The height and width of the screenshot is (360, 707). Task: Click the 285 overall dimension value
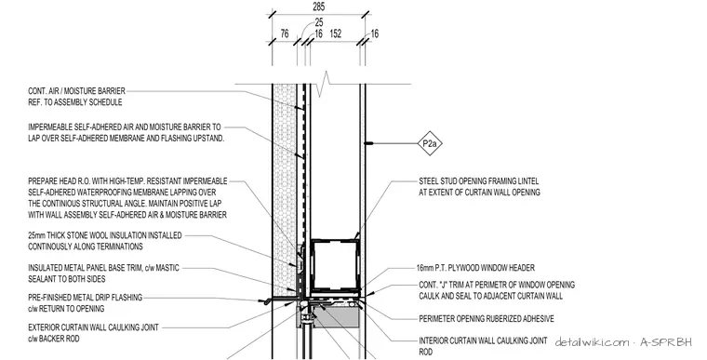[x=318, y=7]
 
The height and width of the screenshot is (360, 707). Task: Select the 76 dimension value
[x=285, y=33]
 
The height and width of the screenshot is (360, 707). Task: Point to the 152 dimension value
[x=335, y=33]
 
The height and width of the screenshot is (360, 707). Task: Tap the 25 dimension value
[x=319, y=22]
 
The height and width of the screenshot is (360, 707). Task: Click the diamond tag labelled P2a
[x=430, y=144]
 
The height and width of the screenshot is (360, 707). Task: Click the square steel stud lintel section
[x=336, y=265]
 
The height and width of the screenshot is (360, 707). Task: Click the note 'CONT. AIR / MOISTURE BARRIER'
[x=76, y=91]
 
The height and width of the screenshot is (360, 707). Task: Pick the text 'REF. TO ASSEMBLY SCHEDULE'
[x=74, y=102]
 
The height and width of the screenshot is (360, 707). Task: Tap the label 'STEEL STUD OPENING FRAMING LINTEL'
[x=478, y=181]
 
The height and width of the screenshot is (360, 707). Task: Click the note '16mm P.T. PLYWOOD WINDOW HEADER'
[x=476, y=268]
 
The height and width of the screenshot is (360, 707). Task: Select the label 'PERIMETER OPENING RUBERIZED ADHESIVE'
[x=486, y=319]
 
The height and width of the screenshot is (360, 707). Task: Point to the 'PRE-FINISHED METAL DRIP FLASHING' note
[x=86, y=298]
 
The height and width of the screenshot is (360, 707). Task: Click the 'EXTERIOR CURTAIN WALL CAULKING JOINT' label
[x=93, y=327]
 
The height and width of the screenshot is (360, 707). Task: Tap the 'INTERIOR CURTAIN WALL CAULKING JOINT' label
[x=483, y=341]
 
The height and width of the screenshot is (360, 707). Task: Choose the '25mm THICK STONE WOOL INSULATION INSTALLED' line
[x=104, y=235]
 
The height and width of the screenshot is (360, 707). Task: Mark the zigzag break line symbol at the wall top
[x=324, y=84]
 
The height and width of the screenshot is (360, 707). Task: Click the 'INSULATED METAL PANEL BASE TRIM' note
[x=103, y=268]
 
